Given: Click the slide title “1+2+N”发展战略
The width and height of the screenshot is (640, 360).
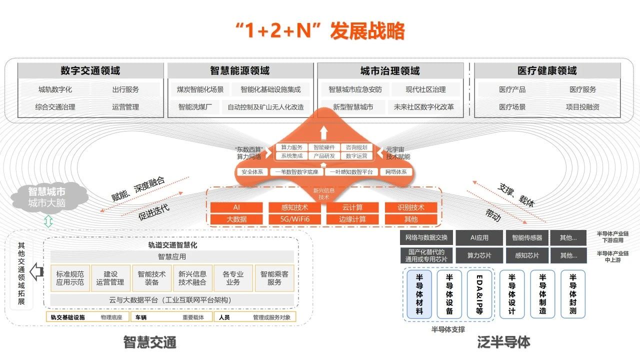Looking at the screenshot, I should click(x=320, y=31).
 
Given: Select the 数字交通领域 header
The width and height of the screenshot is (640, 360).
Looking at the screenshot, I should click(x=90, y=70).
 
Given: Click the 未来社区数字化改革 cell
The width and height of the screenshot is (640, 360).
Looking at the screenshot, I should click(x=424, y=107).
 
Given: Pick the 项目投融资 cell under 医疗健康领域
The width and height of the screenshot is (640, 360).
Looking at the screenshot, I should click(x=582, y=107).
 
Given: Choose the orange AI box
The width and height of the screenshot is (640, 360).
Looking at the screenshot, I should click(x=236, y=207).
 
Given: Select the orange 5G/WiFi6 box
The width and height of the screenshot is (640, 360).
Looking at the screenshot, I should click(x=294, y=219).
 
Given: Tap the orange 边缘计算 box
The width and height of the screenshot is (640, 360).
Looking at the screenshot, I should click(x=352, y=219).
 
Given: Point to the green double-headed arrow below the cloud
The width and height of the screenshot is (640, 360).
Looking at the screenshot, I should click(x=48, y=221).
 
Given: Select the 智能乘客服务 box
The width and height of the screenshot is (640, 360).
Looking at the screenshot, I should click(x=274, y=278).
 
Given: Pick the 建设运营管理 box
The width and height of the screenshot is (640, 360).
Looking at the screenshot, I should click(x=110, y=278).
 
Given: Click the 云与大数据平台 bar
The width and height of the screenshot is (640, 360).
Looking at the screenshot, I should click(x=170, y=300).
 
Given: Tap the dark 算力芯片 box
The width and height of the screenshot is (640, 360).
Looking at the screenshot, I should click(x=479, y=255).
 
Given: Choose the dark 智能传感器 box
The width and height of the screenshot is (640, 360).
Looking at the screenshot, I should click(x=527, y=237).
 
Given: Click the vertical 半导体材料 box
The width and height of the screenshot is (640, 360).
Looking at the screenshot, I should click(x=419, y=294).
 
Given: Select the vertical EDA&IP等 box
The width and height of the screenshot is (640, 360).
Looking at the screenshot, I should click(x=479, y=294).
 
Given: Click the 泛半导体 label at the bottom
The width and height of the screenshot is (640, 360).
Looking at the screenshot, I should click(x=503, y=342).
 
